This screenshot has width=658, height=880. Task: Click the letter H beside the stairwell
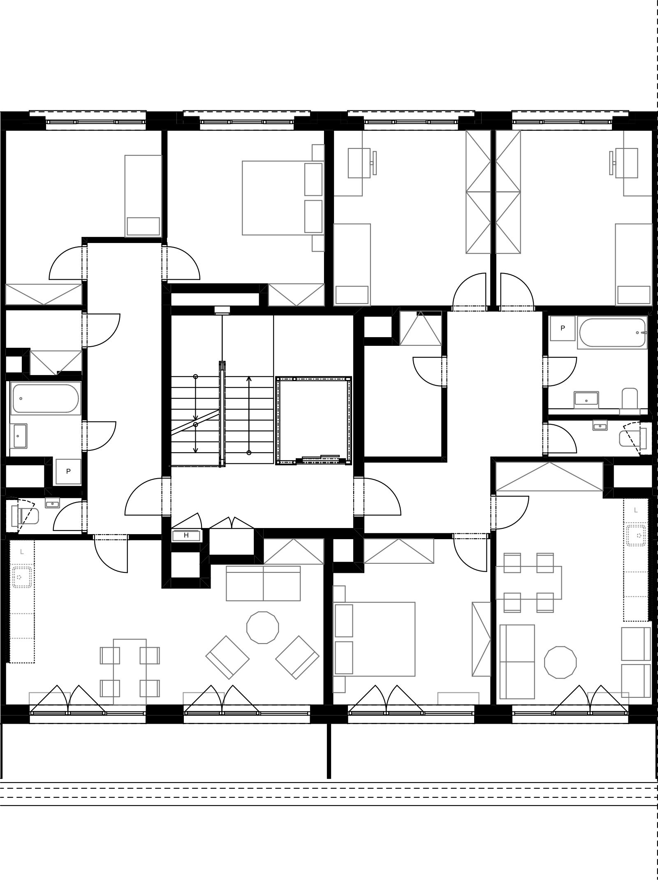click(x=186, y=535)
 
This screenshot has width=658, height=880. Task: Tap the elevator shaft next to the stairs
click(x=314, y=420)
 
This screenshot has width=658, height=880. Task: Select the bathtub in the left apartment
click(x=46, y=398)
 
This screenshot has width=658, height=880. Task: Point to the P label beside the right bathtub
click(x=563, y=328)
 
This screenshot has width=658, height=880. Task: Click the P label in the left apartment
click(x=68, y=471)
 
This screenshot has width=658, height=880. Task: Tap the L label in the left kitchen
click(x=22, y=552)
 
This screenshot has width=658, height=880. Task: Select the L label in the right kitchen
click(x=636, y=510)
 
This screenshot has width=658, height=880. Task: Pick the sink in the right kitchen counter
click(x=637, y=535)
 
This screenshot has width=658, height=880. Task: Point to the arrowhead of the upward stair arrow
click(x=249, y=378)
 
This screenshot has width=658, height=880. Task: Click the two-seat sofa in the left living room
click(x=263, y=584)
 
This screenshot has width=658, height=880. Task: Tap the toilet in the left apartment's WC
click(x=25, y=516)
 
